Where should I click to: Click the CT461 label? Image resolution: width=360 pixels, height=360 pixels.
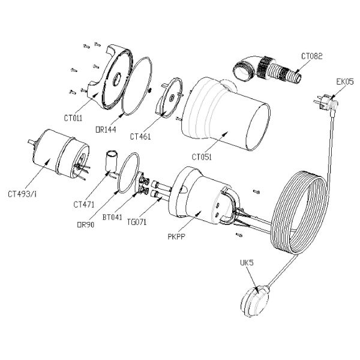[140, 136]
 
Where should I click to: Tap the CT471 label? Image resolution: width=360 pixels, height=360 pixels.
[84, 204]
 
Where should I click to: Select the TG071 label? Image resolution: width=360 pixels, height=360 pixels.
[138, 222]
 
